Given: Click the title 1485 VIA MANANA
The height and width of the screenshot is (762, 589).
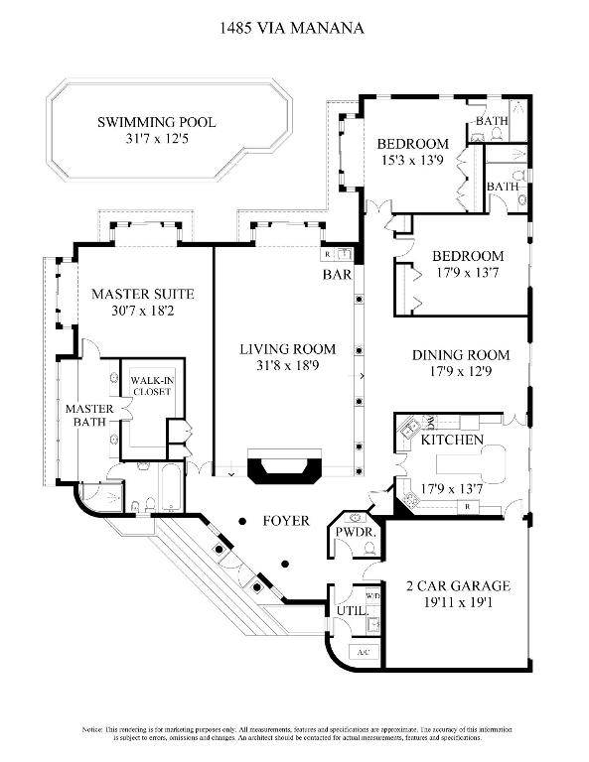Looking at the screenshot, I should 291,29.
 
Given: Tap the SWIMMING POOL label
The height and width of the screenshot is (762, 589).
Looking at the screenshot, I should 156,123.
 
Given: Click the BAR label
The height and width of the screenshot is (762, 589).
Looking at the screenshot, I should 334,274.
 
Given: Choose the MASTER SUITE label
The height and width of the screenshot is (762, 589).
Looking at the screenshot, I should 142,295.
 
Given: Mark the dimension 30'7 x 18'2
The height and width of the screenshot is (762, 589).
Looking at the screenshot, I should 142,313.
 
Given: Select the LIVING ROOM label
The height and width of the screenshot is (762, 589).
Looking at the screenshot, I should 287,349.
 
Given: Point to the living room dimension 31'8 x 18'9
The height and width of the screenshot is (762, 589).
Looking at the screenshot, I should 287,367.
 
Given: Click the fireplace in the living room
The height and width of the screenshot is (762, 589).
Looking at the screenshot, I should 285,468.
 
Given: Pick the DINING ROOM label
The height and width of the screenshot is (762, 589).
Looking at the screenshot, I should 461,355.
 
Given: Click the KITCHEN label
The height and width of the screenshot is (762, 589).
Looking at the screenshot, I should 452,440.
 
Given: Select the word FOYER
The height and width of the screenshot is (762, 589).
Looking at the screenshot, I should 286,521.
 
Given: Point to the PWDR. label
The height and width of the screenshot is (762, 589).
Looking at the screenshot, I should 353,532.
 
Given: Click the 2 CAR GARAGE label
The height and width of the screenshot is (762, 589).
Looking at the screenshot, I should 458,585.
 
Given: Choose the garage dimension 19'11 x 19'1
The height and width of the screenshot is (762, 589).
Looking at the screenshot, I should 458,602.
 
